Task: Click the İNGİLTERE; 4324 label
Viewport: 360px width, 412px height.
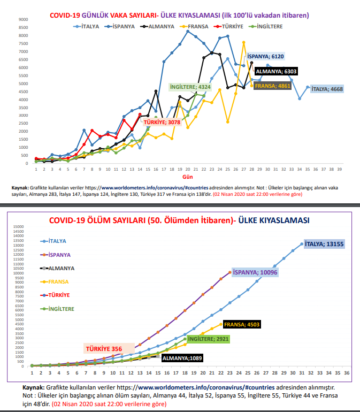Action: (x=190, y=87)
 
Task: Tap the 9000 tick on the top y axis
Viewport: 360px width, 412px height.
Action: (x=23, y=20)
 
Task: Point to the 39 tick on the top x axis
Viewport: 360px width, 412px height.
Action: (x=340, y=169)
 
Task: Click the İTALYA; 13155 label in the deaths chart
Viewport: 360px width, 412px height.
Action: (x=324, y=243)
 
